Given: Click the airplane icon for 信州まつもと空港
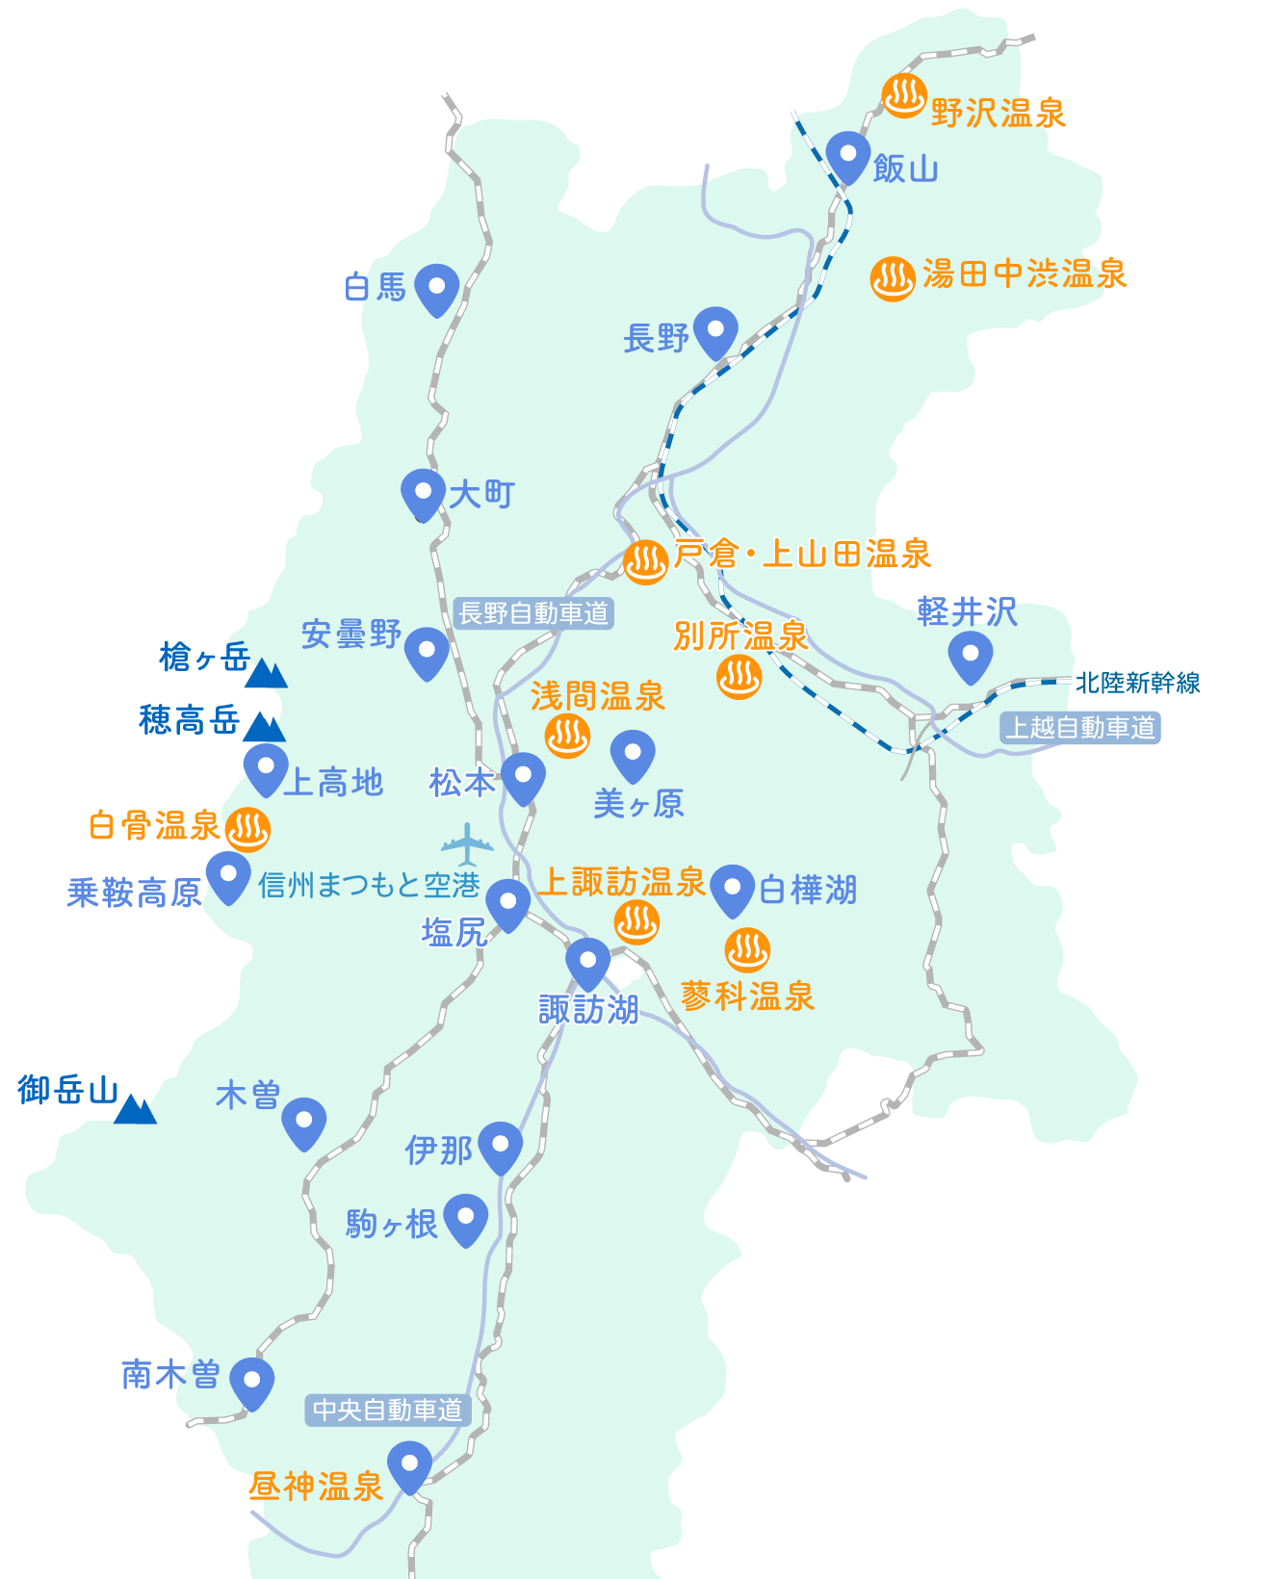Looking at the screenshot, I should (x=467, y=844).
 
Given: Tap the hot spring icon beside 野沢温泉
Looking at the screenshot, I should (x=904, y=96).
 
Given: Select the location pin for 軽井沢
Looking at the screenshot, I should (x=970, y=655).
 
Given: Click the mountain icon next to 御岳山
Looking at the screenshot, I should (x=135, y=1110).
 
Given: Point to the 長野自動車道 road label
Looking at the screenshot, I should (x=533, y=613).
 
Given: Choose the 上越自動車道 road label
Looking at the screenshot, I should (x=1079, y=728).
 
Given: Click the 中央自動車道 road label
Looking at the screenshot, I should (x=388, y=1411).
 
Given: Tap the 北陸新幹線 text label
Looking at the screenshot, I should (x=1137, y=683).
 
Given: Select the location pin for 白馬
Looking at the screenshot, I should (x=436, y=288).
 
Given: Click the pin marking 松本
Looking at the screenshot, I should (x=524, y=776).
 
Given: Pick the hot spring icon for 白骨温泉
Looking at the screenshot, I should (x=247, y=829).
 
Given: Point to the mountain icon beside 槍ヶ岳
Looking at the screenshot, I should (x=266, y=674).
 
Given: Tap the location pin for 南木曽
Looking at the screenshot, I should (x=252, y=1382).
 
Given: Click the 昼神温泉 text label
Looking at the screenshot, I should (x=316, y=1487).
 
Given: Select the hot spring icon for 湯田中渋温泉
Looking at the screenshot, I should (x=892, y=279).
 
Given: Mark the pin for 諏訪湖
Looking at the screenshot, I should (x=587, y=961).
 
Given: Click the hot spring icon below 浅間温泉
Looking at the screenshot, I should (x=567, y=737).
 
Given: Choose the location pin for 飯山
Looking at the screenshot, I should (x=848, y=156).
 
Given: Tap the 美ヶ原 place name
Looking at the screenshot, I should (x=638, y=803).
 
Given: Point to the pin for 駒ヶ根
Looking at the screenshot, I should (x=465, y=1218).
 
